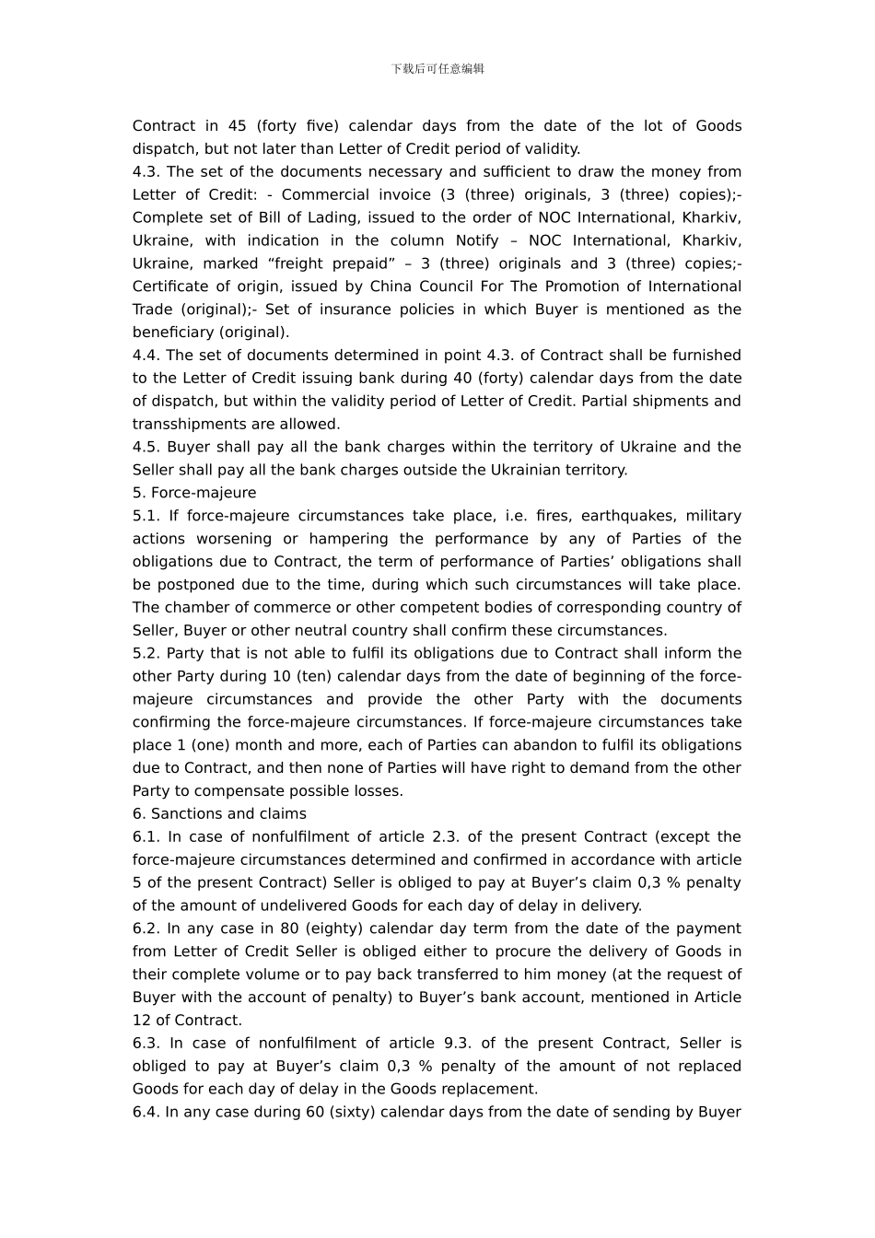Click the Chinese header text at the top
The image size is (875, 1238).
437,69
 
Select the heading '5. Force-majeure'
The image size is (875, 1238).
194,493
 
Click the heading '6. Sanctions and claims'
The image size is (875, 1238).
219,814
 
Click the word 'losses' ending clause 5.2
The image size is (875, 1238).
379,791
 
